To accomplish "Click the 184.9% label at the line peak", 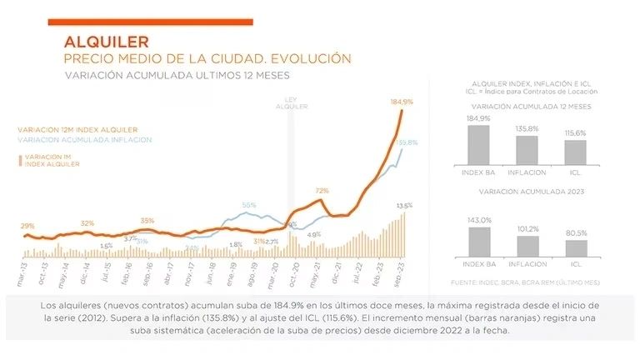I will (x=402, y=101).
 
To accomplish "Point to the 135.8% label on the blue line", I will (x=406, y=142).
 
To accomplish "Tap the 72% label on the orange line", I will (x=322, y=191).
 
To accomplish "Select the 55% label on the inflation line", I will (x=249, y=205).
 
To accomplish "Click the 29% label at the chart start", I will (x=27, y=226).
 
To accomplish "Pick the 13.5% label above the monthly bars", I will (x=404, y=205).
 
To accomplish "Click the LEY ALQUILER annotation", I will (x=292, y=103).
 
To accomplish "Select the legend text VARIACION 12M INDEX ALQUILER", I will (x=77, y=130).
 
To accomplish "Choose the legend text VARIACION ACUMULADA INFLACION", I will (x=83, y=140).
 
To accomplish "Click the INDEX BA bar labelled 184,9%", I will (x=477, y=144).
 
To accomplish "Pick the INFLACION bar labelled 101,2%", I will (x=527, y=246).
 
